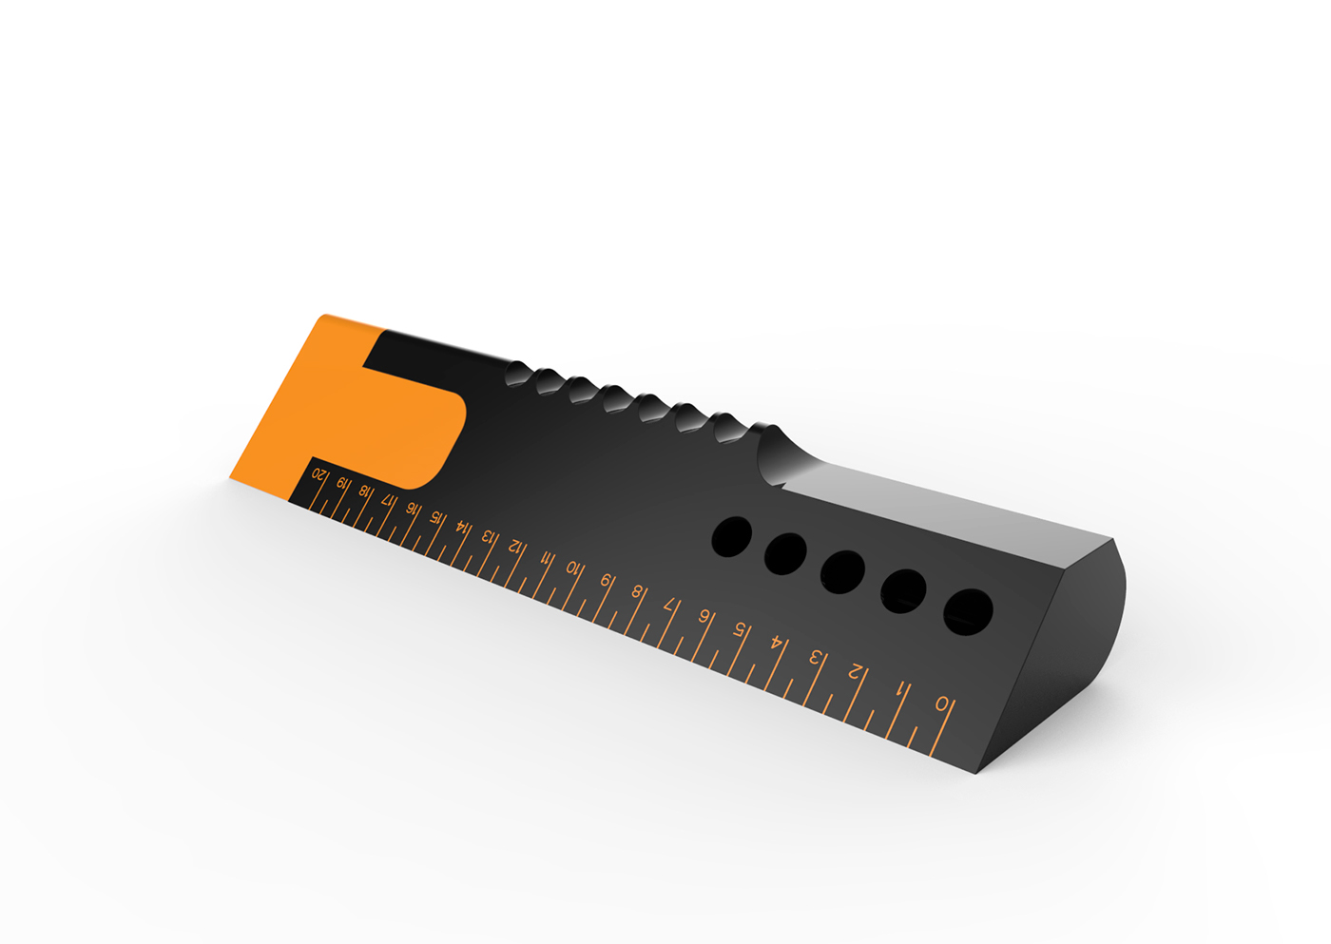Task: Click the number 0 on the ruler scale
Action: click(x=942, y=704)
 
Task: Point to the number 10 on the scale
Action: click(x=572, y=568)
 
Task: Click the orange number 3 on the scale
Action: click(x=815, y=657)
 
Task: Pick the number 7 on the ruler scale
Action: click(x=670, y=604)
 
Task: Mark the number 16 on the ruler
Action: click(x=411, y=508)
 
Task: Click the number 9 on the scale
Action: click(x=606, y=580)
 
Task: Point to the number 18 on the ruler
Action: click(x=363, y=491)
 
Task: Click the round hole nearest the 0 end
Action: click(x=968, y=611)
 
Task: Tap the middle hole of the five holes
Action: click(x=842, y=570)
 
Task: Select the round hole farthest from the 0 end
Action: click(x=732, y=536)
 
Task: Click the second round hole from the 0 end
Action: click(x=903, y=591)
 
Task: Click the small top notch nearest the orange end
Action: click(x=519, y=373)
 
